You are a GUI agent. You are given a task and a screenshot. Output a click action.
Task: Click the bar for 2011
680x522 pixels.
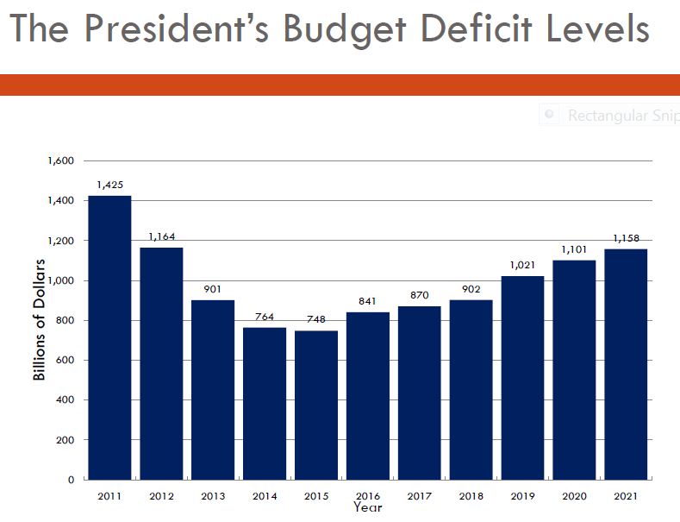109,337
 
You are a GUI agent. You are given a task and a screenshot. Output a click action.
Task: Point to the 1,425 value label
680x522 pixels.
110,185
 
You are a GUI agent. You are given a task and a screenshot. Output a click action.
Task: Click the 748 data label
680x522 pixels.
316,319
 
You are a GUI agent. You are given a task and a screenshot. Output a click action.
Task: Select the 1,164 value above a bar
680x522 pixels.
162,236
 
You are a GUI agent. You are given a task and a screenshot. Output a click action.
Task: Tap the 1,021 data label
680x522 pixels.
523,265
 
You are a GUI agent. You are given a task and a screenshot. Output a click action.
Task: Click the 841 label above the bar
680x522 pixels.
368,301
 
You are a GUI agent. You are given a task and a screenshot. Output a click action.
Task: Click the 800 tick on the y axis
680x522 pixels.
66,321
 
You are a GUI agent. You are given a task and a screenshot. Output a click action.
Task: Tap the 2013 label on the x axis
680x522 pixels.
213,497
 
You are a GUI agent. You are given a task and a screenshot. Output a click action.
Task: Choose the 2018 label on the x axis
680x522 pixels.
471,497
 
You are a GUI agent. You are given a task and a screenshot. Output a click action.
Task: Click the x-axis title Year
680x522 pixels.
367,507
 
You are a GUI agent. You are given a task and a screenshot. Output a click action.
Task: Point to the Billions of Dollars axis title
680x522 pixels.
39,320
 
